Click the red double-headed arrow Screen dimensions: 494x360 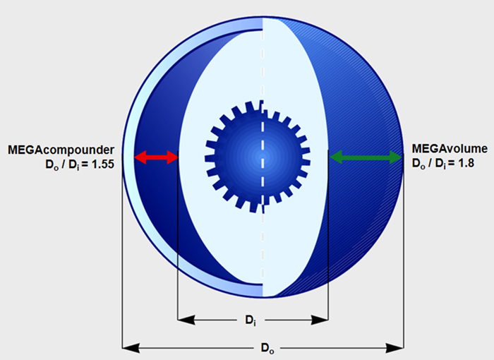point(156,157)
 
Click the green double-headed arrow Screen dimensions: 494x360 point(366,157)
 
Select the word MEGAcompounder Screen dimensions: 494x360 point(61,150)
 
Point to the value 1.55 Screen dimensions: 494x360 point(102,164)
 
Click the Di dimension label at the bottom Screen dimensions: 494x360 point(251,320)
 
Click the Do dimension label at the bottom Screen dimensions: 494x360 point(267,349)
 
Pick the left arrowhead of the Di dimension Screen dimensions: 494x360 point(186,320)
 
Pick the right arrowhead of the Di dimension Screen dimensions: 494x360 point(320,320)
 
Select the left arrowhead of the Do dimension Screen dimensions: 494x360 point(131,348)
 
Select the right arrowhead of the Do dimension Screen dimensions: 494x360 point(395,348)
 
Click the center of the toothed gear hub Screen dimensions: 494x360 point(259,156)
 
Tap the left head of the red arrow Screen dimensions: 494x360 point(140,157)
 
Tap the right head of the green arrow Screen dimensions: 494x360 point(397,157)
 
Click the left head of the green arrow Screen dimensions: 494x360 point(335,157)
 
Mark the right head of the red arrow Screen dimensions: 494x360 point(172,157)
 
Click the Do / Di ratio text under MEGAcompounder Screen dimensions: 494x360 point(80,164)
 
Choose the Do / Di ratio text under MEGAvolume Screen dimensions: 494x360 point(443,163)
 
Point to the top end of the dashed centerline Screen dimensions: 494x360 point(263,19)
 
